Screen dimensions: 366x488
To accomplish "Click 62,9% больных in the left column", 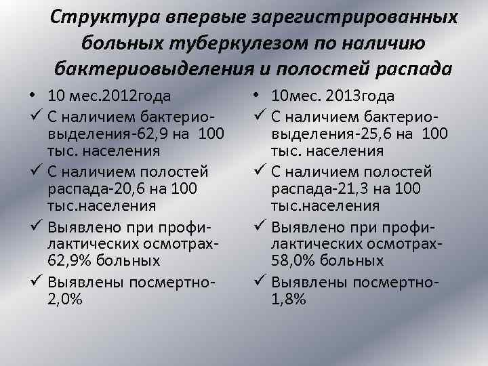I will tap(104, 260).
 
